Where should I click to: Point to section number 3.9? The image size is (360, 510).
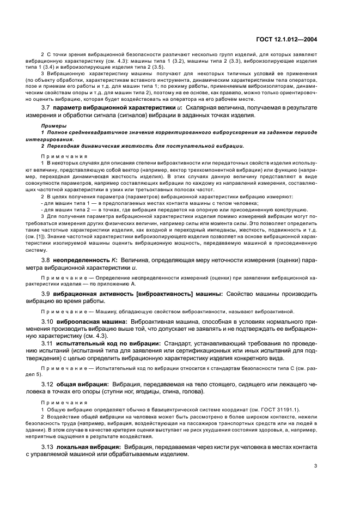click(47, 294)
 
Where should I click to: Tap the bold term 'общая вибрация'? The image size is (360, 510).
click(77, 384)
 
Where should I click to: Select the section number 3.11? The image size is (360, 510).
click(49, 344)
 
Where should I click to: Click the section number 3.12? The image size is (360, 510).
click(49, 384)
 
